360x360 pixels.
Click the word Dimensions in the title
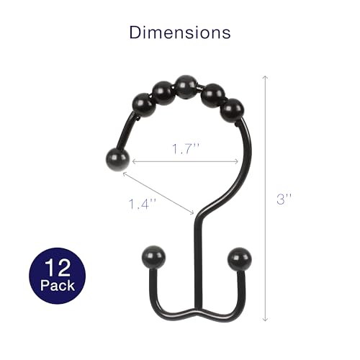180,32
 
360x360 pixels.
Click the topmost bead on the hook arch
186,84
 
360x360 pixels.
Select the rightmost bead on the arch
231,109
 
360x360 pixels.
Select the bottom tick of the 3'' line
266,321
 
